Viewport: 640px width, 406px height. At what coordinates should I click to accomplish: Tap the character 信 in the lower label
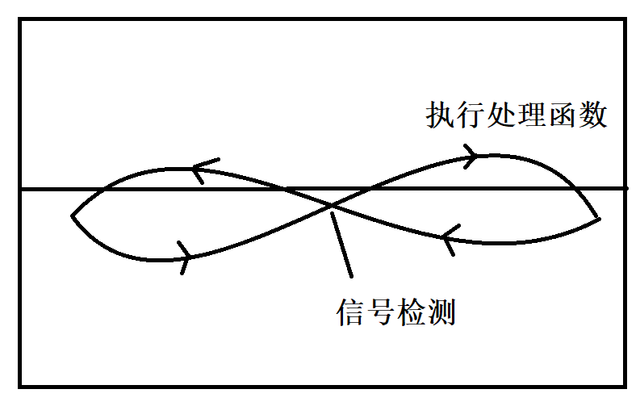coord(349,312)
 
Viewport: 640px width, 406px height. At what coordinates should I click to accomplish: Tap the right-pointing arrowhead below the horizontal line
coord(185,257)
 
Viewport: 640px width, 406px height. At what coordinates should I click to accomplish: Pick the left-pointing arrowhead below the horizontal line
coord(450,238)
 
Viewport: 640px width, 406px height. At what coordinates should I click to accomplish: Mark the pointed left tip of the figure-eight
coord(73,216)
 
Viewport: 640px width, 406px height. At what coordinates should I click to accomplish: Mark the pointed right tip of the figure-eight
coord(598,218)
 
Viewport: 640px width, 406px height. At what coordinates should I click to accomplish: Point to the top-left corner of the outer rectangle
coord(21,21)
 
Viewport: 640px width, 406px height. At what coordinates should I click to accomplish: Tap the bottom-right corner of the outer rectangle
coord(626,385)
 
